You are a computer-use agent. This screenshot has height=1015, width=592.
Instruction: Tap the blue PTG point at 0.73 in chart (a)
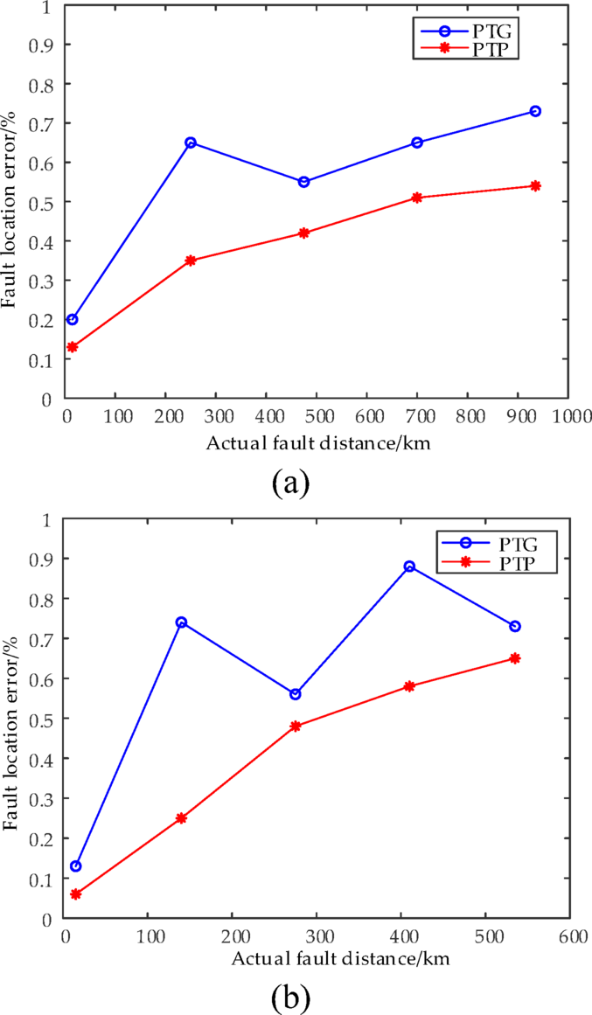535,111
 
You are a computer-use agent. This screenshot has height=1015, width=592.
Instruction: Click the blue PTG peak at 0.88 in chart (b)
409,567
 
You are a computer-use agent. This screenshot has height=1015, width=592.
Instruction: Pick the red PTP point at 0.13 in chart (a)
73,347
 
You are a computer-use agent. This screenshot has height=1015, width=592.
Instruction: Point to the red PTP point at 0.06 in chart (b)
76,894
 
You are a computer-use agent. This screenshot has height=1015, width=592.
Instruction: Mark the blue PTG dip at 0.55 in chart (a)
303,182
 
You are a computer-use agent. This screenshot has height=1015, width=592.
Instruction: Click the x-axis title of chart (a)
318,442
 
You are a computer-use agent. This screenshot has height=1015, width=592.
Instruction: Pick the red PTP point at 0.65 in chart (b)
515,658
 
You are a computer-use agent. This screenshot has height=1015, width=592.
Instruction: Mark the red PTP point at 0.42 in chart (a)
303,233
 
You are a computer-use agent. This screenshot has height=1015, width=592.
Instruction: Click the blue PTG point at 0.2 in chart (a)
73,319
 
